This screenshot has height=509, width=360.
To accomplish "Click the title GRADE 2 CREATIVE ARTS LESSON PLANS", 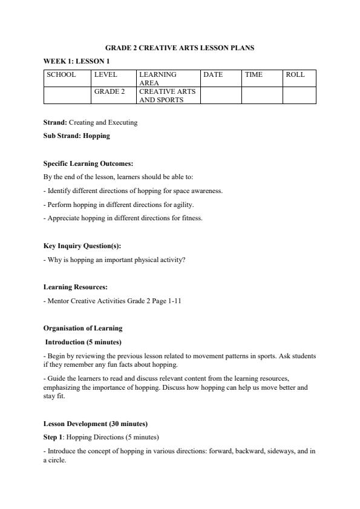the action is [180, 47].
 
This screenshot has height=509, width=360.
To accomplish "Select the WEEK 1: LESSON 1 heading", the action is [76, 61].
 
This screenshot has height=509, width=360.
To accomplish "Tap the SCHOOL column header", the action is [61, 74].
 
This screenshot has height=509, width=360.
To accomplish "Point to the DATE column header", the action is [213, 74].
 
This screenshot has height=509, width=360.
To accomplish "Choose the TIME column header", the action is [254, 74].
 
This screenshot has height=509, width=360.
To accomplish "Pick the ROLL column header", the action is [295, 74].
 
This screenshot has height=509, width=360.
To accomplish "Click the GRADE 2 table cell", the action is [110, 91].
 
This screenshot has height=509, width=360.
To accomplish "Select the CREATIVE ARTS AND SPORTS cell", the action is [168, 96].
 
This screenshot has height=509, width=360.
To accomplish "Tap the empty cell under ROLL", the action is [299, 96].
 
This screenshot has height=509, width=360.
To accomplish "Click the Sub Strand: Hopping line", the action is [76, 136].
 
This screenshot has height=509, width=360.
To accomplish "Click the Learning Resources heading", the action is [76, 287].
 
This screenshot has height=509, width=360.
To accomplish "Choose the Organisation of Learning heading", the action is [83, 328].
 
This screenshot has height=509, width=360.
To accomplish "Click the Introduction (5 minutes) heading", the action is [82, 342].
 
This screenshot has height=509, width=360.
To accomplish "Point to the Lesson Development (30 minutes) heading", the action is [95, 424].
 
